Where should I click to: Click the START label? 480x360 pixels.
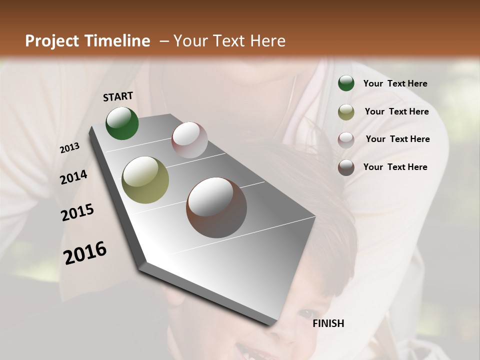click(x=118, y=96)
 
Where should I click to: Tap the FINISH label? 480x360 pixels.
click(x=328, y=323)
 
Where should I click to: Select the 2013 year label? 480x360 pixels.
click(x=69, y=148)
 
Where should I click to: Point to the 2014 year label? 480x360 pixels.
click(x=73, y=177)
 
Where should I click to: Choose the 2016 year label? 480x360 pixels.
click(x=85, y=252)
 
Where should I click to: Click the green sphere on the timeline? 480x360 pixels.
click(x=122, y=123)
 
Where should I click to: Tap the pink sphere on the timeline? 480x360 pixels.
click(x=189, y=140)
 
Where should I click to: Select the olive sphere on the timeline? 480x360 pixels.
click(x=145, y=180)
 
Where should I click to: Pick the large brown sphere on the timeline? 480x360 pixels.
click(x=216, y=207)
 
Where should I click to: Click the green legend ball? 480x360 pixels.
click(x=346, y=83)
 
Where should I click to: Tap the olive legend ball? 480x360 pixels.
click(x=346, y=111)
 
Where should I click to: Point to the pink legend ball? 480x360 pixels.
click(x=346, y=139)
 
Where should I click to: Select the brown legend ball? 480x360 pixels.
click(x=346, y=167)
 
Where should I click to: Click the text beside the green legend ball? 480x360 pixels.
click(x=395, y=84)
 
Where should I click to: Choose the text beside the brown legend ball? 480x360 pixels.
click(x=395, y=167)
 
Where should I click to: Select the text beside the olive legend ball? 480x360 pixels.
click(x=396, y=111)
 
